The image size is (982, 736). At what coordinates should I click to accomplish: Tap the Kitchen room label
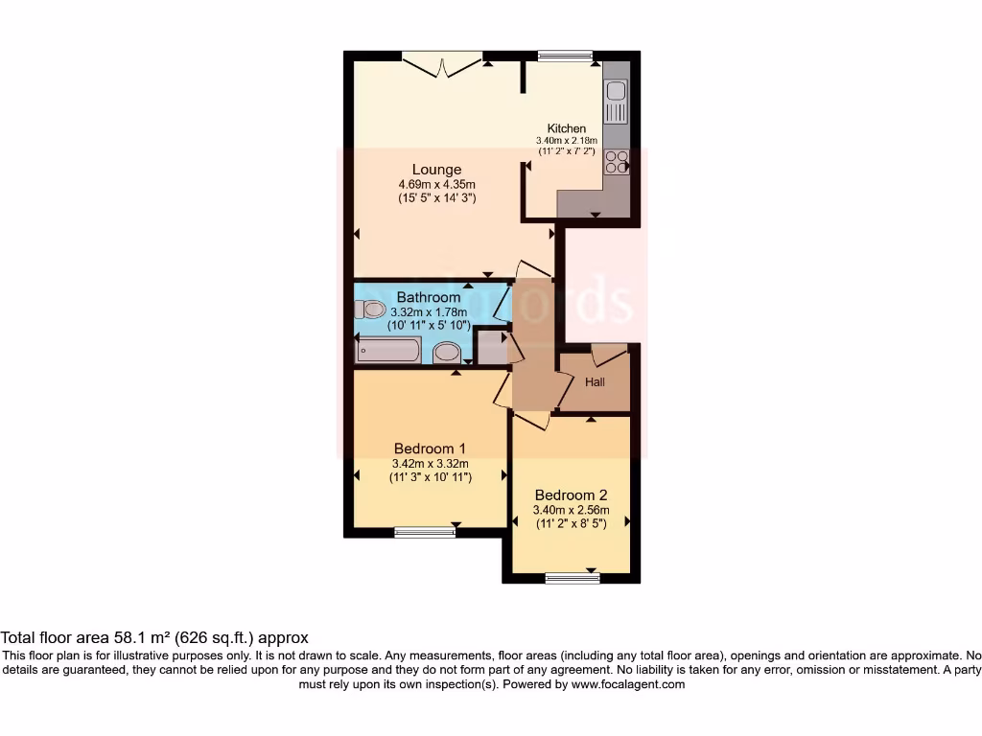click(566, 128)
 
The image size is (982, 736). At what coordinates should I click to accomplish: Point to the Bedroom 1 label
click(430, 448)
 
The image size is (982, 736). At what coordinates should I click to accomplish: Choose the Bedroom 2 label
click(571, 495)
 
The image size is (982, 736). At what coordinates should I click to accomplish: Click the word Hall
click(595, 382)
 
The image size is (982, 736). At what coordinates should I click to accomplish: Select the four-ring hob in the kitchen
click(616, 162)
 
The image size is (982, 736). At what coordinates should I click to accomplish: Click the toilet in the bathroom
click(368, 309)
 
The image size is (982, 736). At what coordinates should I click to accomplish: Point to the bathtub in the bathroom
click(388, 350)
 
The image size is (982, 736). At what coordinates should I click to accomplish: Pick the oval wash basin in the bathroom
click(446, 354)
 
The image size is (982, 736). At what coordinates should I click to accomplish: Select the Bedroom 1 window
click(425, 532)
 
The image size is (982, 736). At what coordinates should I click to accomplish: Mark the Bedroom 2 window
click(572, 578)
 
